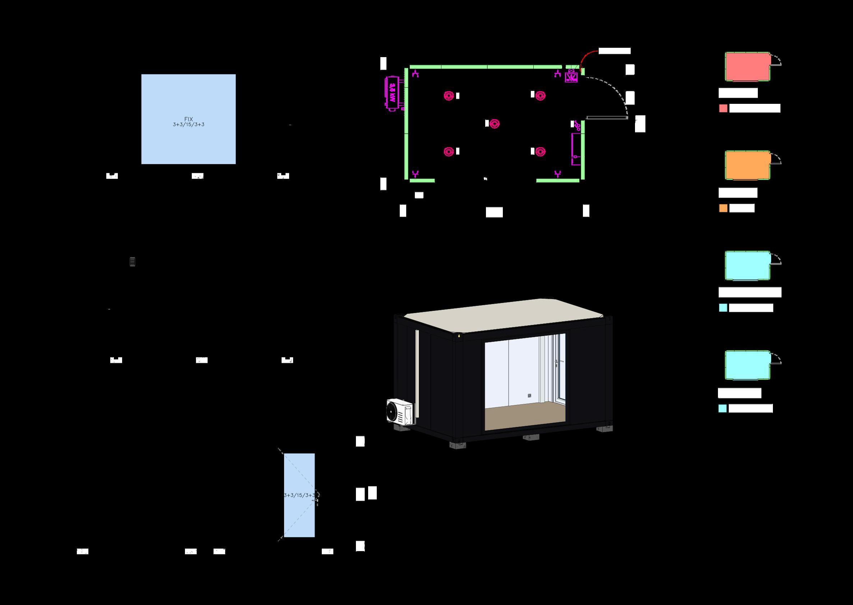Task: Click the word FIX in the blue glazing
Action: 189,119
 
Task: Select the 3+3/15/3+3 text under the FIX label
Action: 189,125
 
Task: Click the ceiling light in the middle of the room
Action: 495,124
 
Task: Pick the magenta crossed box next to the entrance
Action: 571,77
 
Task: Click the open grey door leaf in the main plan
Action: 607,118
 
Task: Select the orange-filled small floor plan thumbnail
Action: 747,165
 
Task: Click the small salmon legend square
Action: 723,108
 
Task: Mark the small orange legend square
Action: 723,208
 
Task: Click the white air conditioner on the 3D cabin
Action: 399,411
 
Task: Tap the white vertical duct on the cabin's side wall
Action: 417,373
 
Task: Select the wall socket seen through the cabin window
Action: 529,396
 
